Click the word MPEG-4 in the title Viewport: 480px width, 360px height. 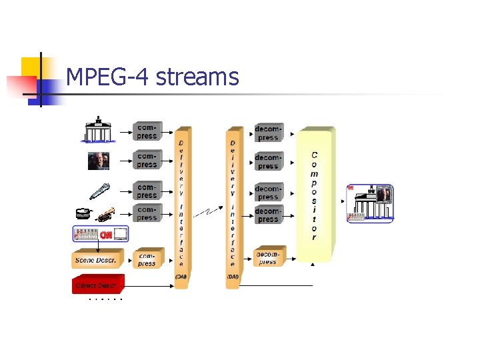pos(108,77)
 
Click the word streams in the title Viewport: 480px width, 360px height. pos(197,77)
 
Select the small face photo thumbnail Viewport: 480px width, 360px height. pos(99,161)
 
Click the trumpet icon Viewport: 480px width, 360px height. pos(106,215)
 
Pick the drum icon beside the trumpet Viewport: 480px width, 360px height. pos(83,213)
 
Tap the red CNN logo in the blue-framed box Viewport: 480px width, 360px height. pos(105,235)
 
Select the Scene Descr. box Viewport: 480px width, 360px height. pos(97,259)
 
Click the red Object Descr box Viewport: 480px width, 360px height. pos(97,285)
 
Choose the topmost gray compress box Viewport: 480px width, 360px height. pos(147,131)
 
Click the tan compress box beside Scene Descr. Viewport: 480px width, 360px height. pos(147,259)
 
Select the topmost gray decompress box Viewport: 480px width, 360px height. pos(268,133)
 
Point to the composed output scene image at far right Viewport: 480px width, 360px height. pos(370,201)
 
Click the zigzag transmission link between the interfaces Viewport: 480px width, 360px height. pos(209,213)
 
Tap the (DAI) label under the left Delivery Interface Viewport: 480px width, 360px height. pos(181,276)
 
